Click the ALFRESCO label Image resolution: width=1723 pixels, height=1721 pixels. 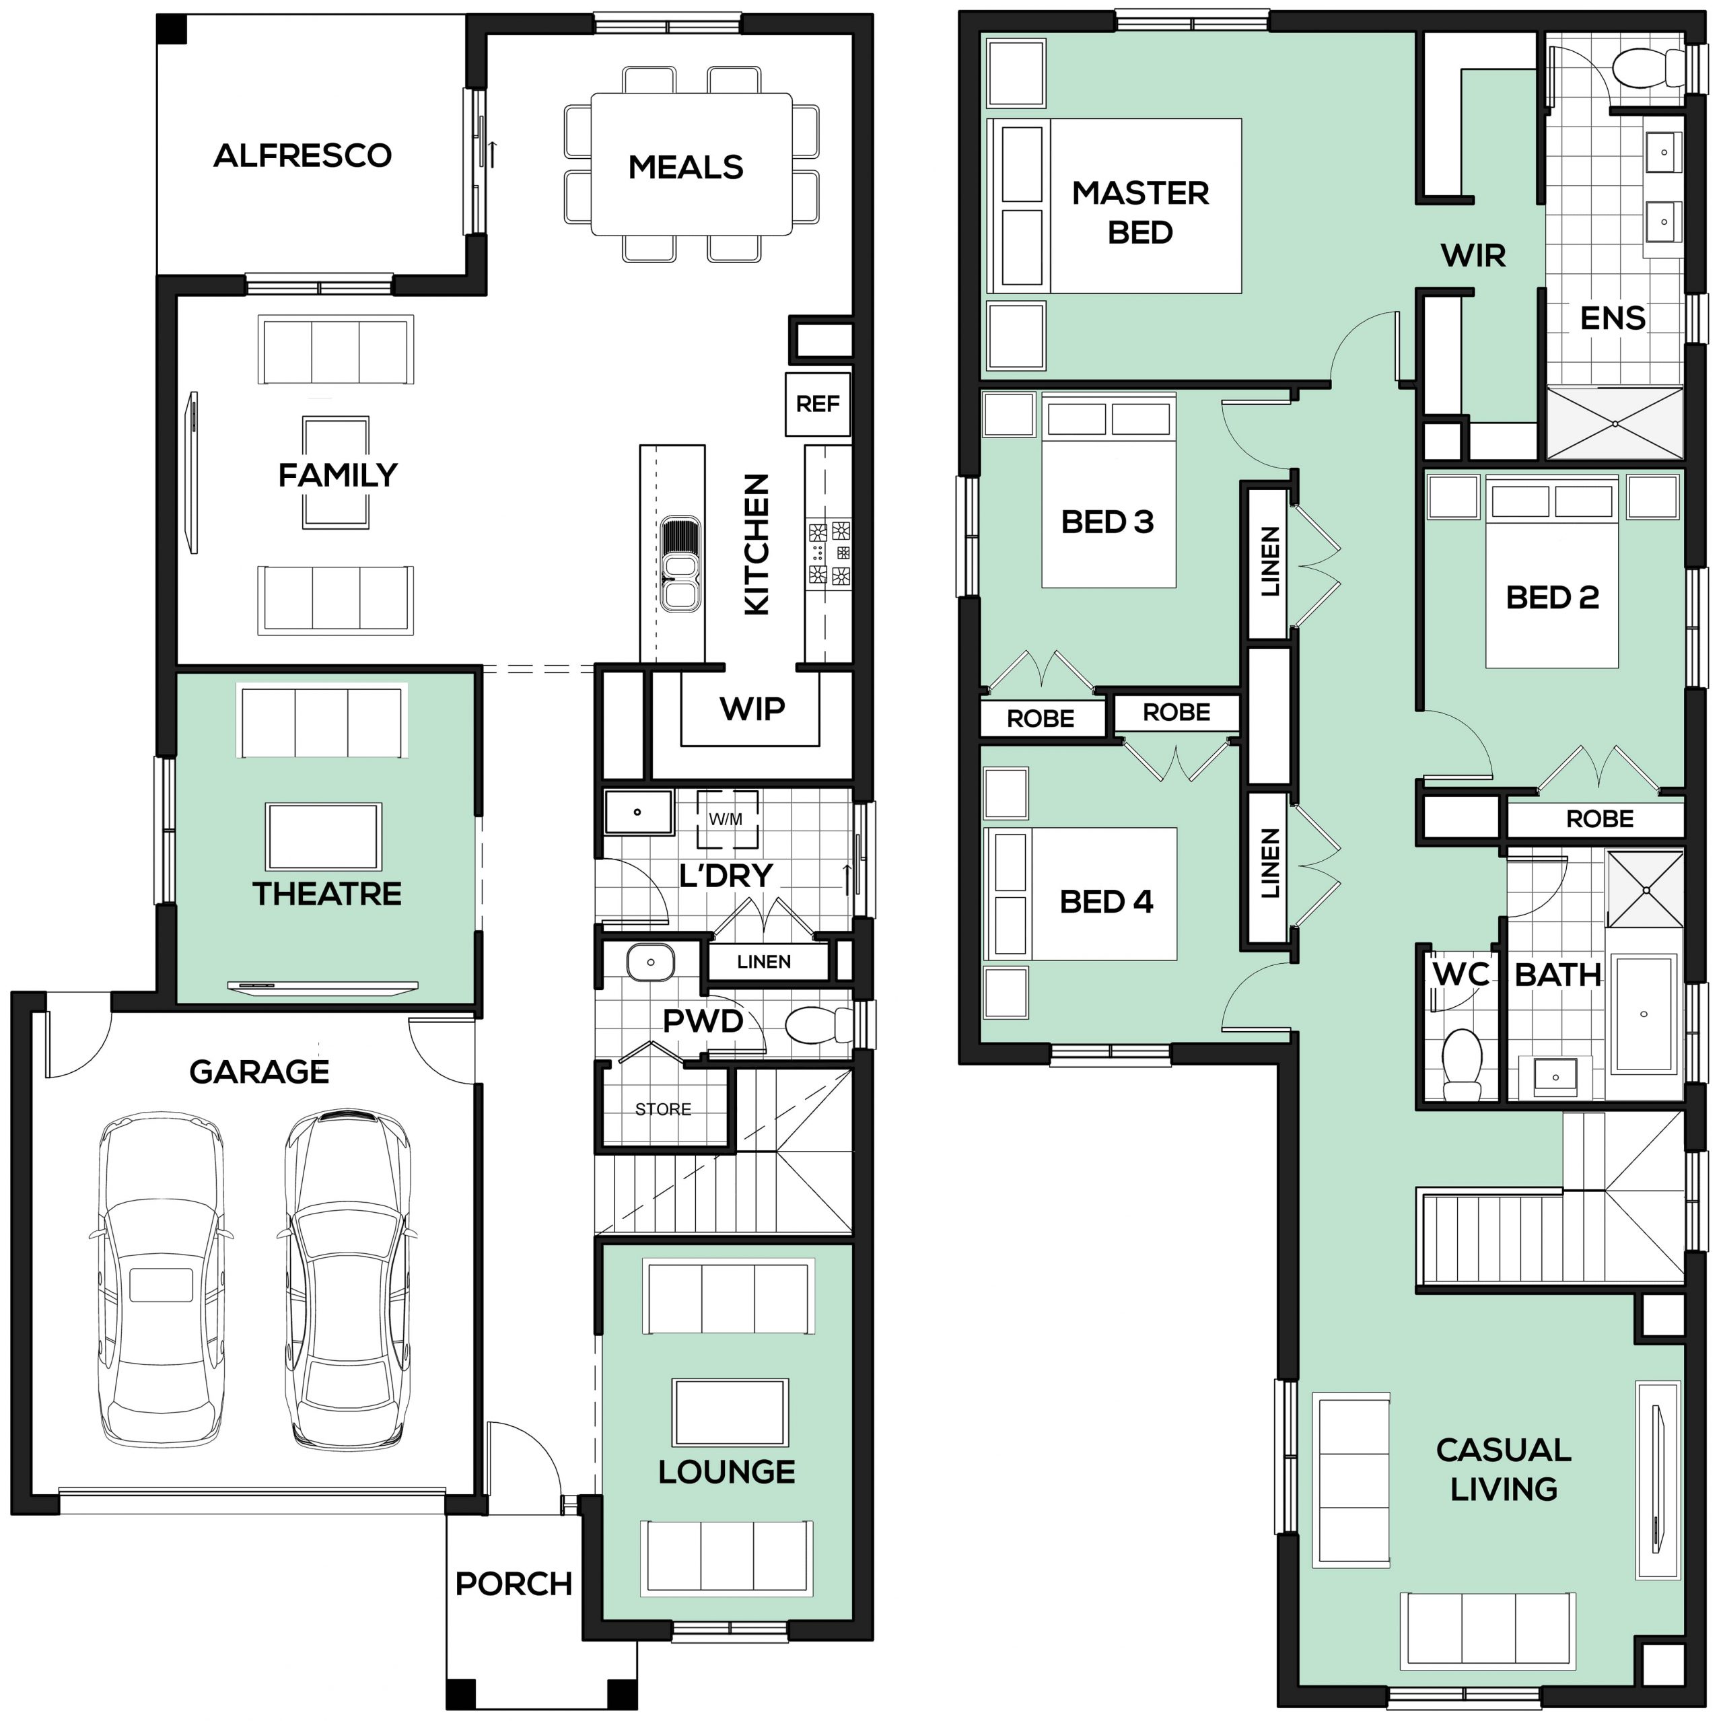pos(302,156)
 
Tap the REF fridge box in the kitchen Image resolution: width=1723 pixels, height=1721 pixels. pos(817,405)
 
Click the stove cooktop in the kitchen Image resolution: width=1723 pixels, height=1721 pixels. pos(829,553)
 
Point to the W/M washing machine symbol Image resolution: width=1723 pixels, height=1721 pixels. pos(727,818)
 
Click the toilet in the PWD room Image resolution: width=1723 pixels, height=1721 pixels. pos(818,1024)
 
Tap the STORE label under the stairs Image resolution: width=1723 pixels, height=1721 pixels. pos(663,1109)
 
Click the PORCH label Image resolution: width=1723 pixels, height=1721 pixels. pos(514,1584)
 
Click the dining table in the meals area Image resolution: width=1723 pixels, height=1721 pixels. pos(691,164)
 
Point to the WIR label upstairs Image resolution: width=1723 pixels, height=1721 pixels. pos(1473,256)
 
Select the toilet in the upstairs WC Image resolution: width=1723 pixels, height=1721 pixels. pos(1462,1065)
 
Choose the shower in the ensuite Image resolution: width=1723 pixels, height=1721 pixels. pos(1614,423)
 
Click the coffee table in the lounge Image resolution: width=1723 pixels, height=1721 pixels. pos(730,1413)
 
